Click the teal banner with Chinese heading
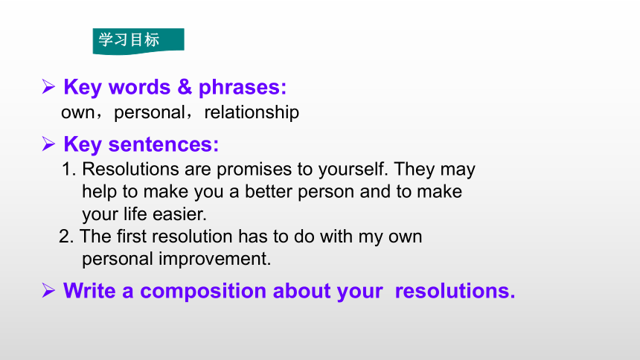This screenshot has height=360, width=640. (x=138, y=41)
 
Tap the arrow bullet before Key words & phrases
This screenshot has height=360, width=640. (x=48, y=86)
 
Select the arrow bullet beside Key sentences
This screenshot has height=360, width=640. (x=48, y=144)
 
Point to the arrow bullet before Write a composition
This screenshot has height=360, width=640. (x=48, y=291)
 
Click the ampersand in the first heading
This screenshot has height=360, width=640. (x=185, y=86)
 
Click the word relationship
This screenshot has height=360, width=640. (x=252, y=112)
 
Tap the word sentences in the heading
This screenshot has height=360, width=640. (x=164, y=144)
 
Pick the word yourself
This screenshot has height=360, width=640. (x=353, y=170)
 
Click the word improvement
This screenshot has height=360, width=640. (x=214, y=259)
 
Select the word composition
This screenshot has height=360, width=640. (x=203, y=292)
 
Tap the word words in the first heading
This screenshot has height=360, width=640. (x=140, y=87)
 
